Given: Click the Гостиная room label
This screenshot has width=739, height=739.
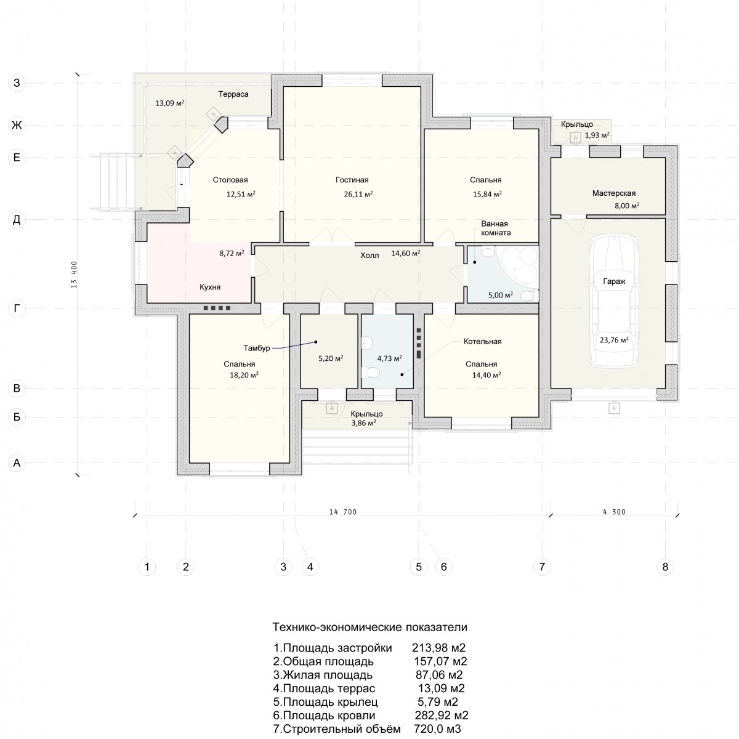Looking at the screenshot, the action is [x=352, y=180].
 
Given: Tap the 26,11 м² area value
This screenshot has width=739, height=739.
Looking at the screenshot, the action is [x=358, y=194].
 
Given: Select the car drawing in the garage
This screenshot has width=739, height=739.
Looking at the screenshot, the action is [x=615, y=302].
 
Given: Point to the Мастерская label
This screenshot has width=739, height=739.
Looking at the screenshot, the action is [x=613, y=193].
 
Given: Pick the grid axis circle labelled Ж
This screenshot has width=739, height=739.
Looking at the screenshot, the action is [x=17, y=126].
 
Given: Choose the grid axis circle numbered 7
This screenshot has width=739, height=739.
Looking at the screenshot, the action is [x=542, y=567].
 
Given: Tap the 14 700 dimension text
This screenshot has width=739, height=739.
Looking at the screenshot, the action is [x=343, y=512].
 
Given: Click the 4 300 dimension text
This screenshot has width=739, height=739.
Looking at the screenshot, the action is [x=614, y=512].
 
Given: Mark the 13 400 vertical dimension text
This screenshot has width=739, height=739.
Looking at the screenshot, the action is [x=74, y=275].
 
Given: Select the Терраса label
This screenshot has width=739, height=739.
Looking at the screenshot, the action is [x=233, y=94].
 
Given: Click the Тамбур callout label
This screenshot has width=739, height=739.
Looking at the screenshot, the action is [x=257, y=348].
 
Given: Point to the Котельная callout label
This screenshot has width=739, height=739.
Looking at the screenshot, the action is [x=482, y=341].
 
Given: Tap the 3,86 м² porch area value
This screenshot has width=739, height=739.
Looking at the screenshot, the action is [x=363, y=423].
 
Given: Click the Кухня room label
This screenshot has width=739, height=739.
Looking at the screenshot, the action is [x=210, y=287].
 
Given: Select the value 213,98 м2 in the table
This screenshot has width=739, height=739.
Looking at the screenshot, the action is [x=438, y=648].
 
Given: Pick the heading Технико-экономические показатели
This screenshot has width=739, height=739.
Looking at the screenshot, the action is [x=369, y=628].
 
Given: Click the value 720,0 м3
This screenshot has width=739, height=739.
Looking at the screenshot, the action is [x=438, y=729].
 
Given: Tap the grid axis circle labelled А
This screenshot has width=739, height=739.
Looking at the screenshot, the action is [x=17, y=463].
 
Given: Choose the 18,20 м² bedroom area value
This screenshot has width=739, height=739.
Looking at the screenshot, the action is [x=244, y=375].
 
